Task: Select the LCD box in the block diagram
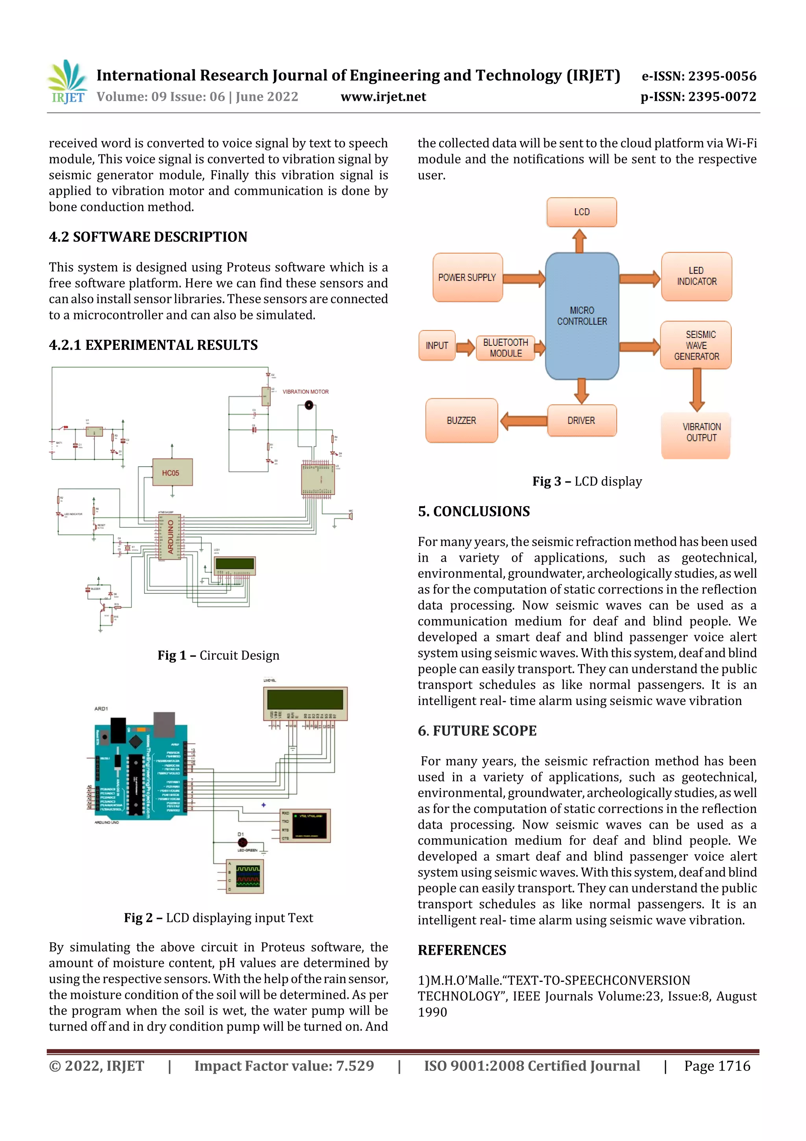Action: pyautogui.click(x=582, y=212)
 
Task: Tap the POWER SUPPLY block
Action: pyautogui.click(x=467, y=277)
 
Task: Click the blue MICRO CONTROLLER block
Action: pyautogui.click(x=582, y=316)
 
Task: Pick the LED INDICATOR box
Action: pyautogui.click(x=696, y=276)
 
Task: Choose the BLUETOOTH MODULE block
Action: pyautogui.click(x=506, y=348)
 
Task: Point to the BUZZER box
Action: pyautogui.click(x=461, y=420)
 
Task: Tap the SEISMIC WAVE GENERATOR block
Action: pyautogui.click(x=696, y=345)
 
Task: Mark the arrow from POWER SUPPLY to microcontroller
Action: pyautogui.click(x=524, y=278)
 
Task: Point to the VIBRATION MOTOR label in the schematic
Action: pyautogui.click(x=305, y=391)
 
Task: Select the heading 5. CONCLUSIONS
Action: pyautogui.click(x=474, y=511)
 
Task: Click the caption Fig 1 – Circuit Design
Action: pyautogui.click(x=218, y=655)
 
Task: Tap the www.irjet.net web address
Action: pyautogui.click(x=383, y=96)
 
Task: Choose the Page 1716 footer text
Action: pyautogui.click(x=717, y=1066)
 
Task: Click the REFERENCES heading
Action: pyautogui.click(x=462, y=950)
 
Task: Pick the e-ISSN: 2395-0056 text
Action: pyautogui.click(x=699, y=76)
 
